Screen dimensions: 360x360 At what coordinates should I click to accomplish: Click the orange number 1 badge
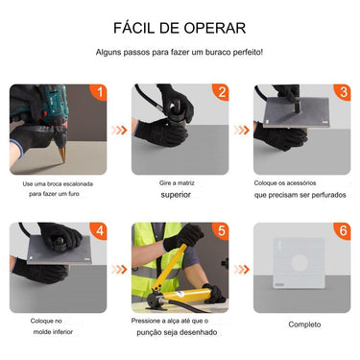97,93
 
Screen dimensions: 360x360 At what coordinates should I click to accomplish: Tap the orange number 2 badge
221,93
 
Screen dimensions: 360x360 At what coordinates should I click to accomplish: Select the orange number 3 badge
342,93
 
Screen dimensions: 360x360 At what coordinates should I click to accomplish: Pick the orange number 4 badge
97,231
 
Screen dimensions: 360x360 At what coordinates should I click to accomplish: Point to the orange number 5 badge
221,231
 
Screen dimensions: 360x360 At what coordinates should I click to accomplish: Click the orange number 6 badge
342,231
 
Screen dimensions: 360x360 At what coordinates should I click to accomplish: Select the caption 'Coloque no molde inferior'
53,327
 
